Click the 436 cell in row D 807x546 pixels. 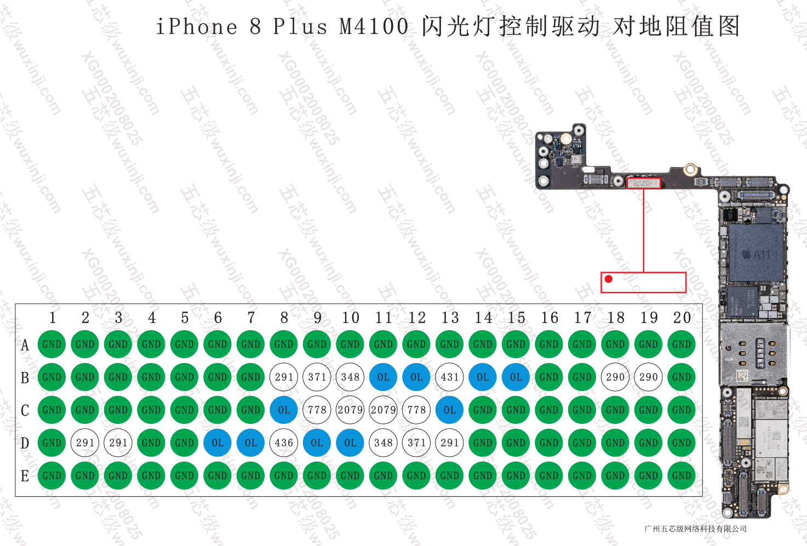tap(284, 442)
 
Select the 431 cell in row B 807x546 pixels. tap(449, 377)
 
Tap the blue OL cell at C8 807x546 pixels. tap(284, 410)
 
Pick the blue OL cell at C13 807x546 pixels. tap(449, 410)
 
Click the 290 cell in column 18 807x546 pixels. tap(615, 377)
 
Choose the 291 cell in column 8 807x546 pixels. tap(284, 377)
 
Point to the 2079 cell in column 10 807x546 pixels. tap(350, 410)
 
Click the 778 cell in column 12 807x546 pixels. tap(416, 410)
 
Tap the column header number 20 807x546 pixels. tap(682, 318)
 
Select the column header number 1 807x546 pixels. tap(52, 318)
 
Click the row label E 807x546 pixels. tap(25, 476)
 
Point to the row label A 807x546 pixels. tap(25, 345)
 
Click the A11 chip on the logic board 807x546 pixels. tap(756, 253)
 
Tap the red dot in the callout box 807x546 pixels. tap(608, 279)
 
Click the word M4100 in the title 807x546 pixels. tap(374, 26)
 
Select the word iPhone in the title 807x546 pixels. tap(197, 26)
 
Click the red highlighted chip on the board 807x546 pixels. tap(644, 183)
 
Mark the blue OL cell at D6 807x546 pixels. tap(218, 442)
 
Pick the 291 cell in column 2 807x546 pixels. tap(85, 442)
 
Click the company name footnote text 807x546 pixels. tap(695, 528)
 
